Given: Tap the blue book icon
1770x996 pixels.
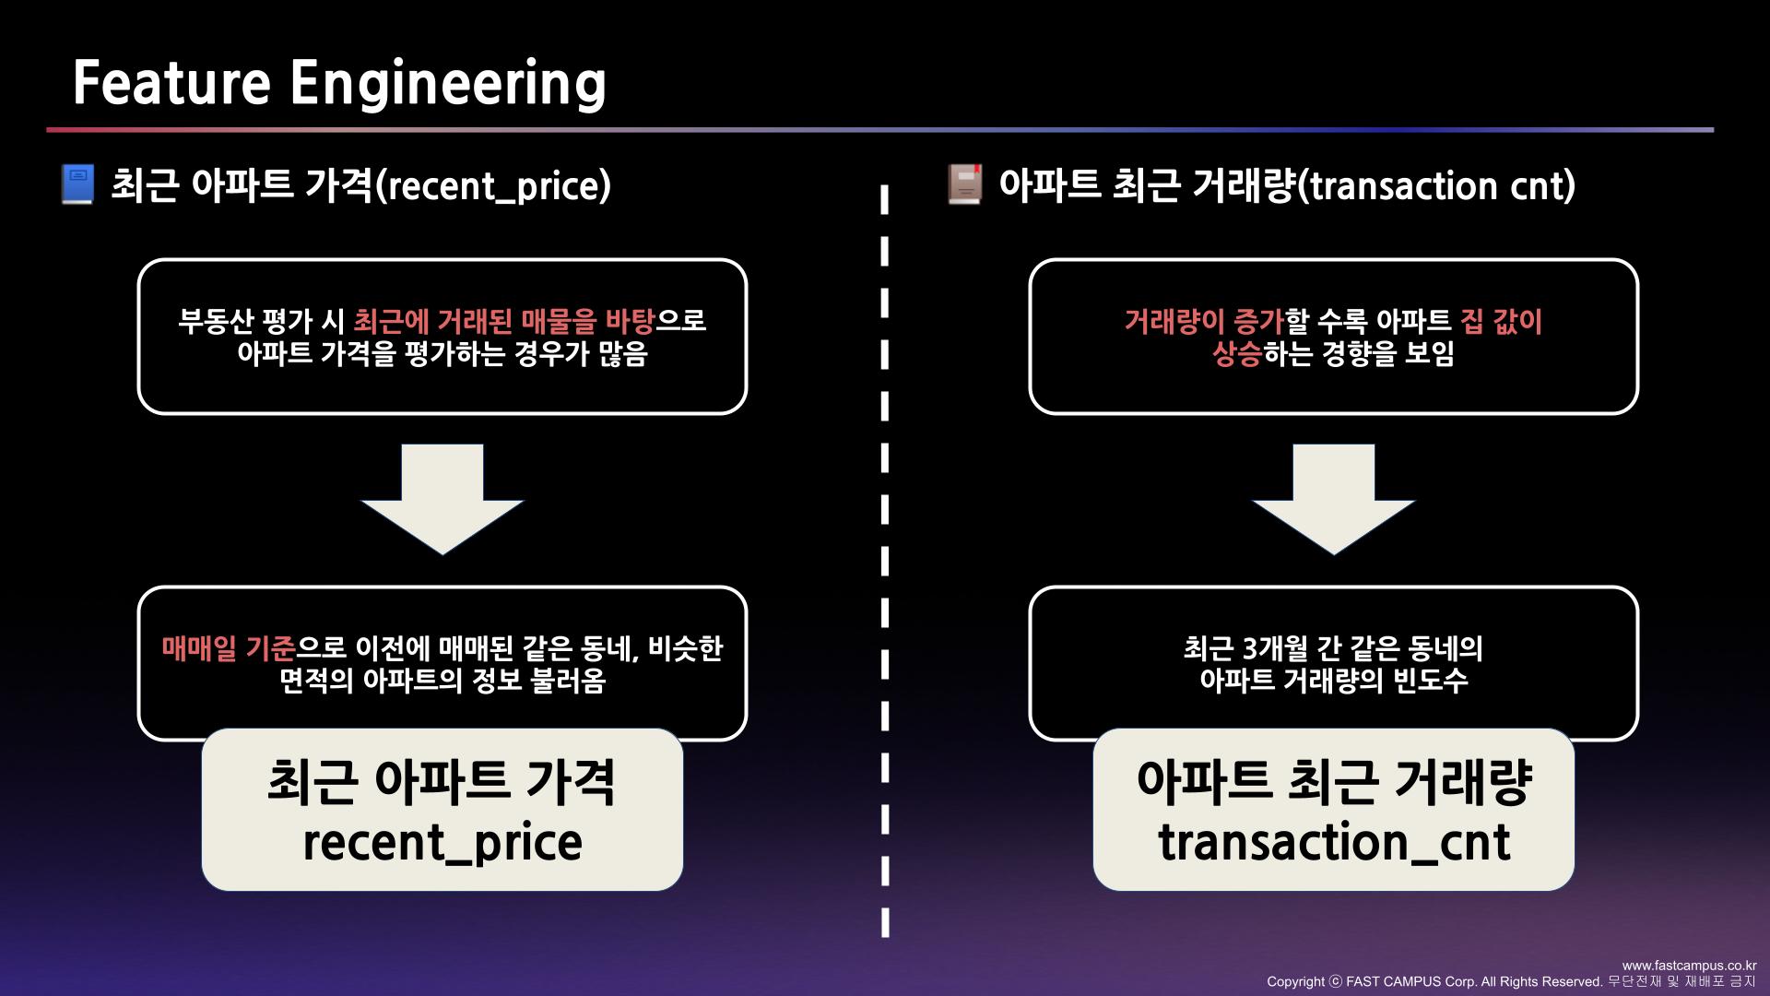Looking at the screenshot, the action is pyautogui.click(x=77, y=184).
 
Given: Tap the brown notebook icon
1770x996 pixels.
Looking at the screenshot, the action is pyautogui.click(x=965, y=184).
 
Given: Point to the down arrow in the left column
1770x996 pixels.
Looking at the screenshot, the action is pyautogui.click(x=442, y=498).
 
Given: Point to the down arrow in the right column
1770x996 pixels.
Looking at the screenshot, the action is pyautogui.click(x=1333, y=498).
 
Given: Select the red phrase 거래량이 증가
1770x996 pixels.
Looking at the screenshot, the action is pyautogui.click(x=1203, y=322).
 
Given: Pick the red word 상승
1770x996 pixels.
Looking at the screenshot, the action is pyautogui.click(x=1236, y=354).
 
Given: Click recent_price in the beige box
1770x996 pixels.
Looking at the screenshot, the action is pyautogui.click(x=442, y=843).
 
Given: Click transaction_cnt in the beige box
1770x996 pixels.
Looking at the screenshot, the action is pyautogui.click(x=1334, y=843).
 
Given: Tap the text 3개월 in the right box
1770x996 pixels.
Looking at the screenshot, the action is pyautogui.click(x=1276, y=649).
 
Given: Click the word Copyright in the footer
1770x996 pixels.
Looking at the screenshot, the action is pyautogui.click(x=1295, y=982).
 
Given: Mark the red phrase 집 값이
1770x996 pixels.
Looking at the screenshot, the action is pyautogui.click(x=1501, y=322).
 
